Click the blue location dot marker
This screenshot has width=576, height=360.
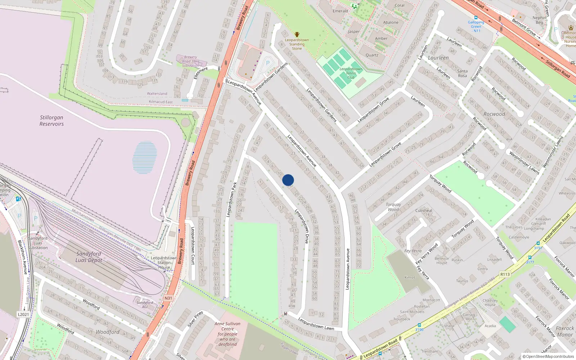[288, 180]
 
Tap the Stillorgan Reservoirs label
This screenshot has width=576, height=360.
[51, 121]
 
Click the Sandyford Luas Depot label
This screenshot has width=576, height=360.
[89, 257]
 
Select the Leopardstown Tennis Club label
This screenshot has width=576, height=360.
[351, 73]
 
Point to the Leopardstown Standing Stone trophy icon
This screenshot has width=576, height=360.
[297, 35]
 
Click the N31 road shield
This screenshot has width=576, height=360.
[168, 298]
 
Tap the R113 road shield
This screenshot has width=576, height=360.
[505, 274]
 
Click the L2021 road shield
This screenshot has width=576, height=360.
[23, 314]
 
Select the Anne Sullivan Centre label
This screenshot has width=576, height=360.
[228, 334]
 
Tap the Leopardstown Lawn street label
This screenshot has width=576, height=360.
[316, 324]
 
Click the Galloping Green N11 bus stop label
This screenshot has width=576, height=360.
[476, 26]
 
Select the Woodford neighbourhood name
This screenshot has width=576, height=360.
[108, 332]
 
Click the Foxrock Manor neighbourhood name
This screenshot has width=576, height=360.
[565, 331]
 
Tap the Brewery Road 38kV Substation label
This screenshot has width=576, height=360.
[190, 61]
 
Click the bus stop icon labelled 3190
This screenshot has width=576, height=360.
[419, 325]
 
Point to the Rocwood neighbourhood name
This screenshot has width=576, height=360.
[494, 114]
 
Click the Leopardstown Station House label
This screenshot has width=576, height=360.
[164, 263]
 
